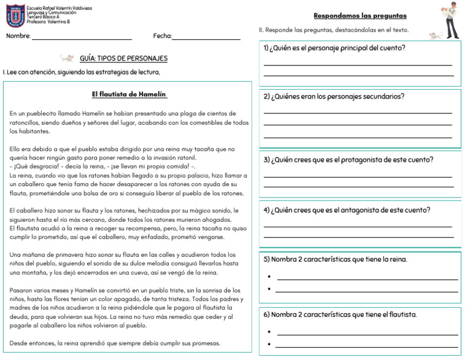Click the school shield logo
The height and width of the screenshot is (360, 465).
click(x=15, y=16)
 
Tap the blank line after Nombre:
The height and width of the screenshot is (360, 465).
click(x=81, y=38)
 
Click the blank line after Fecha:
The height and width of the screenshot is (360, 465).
click(x=206, y=38)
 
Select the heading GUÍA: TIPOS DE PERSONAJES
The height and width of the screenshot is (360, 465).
click(x=124, y=59)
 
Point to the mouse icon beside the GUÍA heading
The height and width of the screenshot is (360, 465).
click(x=67, y=58)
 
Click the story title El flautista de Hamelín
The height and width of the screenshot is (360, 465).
click(x=129, y=95)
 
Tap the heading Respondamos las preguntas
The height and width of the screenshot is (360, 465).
click(x=360, y=16)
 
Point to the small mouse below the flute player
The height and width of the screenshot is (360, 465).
click(x=435, y=36)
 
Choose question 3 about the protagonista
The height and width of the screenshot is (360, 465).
click(x=348, y=160)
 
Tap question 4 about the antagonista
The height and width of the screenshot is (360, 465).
click(x=347, y=210)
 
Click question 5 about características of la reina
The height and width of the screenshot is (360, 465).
click(x=335, y=259)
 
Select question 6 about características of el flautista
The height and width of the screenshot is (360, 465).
click(x=340, y=315)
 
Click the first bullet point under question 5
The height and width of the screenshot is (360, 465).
click(x=269, y=278)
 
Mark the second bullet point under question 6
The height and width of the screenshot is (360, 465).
click(x=269, y=345)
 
